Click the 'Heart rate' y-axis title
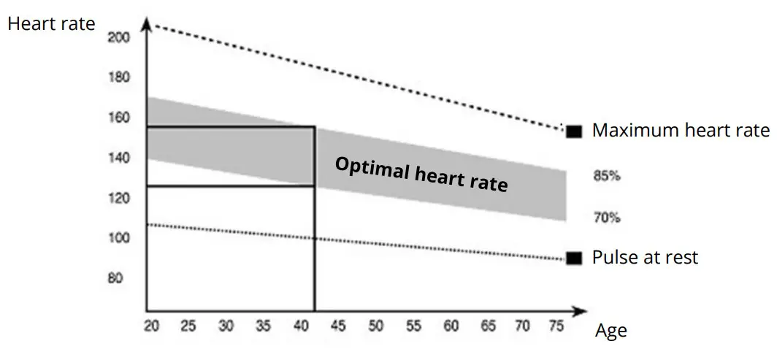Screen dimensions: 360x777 pyautogui.click(x=51, y=23)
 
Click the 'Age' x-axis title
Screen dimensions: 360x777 pyautogui.click(x=610, y=331)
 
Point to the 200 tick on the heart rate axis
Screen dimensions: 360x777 pyautogui.click(x=118, y=37)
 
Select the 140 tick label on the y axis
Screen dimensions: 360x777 pyautogui.click(x=118, y=158)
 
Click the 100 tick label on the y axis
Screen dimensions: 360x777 pyautogui.click(x=118, y=238)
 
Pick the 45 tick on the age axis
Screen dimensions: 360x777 pyautogui.click(x=339, y=326)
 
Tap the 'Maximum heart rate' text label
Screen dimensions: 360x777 pyautogui.click(x=681, y=131)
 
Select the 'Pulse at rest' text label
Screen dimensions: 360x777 pyautogui.click(x=645, y=258)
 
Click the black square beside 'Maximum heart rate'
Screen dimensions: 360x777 pyautogui.click(x=574, y=131)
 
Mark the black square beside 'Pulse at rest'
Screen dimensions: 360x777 pyautogui.click(x=574, y=258)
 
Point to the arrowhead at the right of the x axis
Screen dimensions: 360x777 pyautogui.click(x=581, y=310)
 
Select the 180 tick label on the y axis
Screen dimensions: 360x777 pyautogui.click(x=118, y=77)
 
